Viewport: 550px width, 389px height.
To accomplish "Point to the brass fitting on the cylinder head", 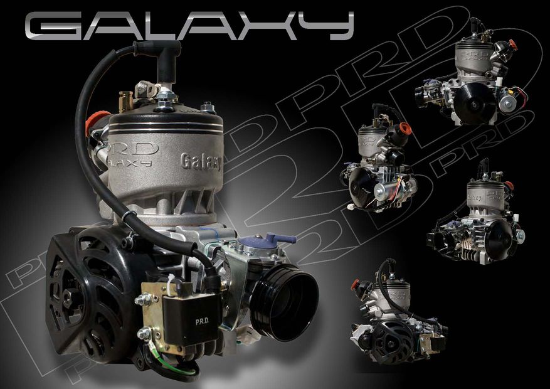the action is coord(126,101).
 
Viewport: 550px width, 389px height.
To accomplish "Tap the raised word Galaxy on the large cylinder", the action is coord(201,162).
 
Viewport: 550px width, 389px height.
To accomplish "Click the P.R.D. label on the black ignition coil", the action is coord(202,321).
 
